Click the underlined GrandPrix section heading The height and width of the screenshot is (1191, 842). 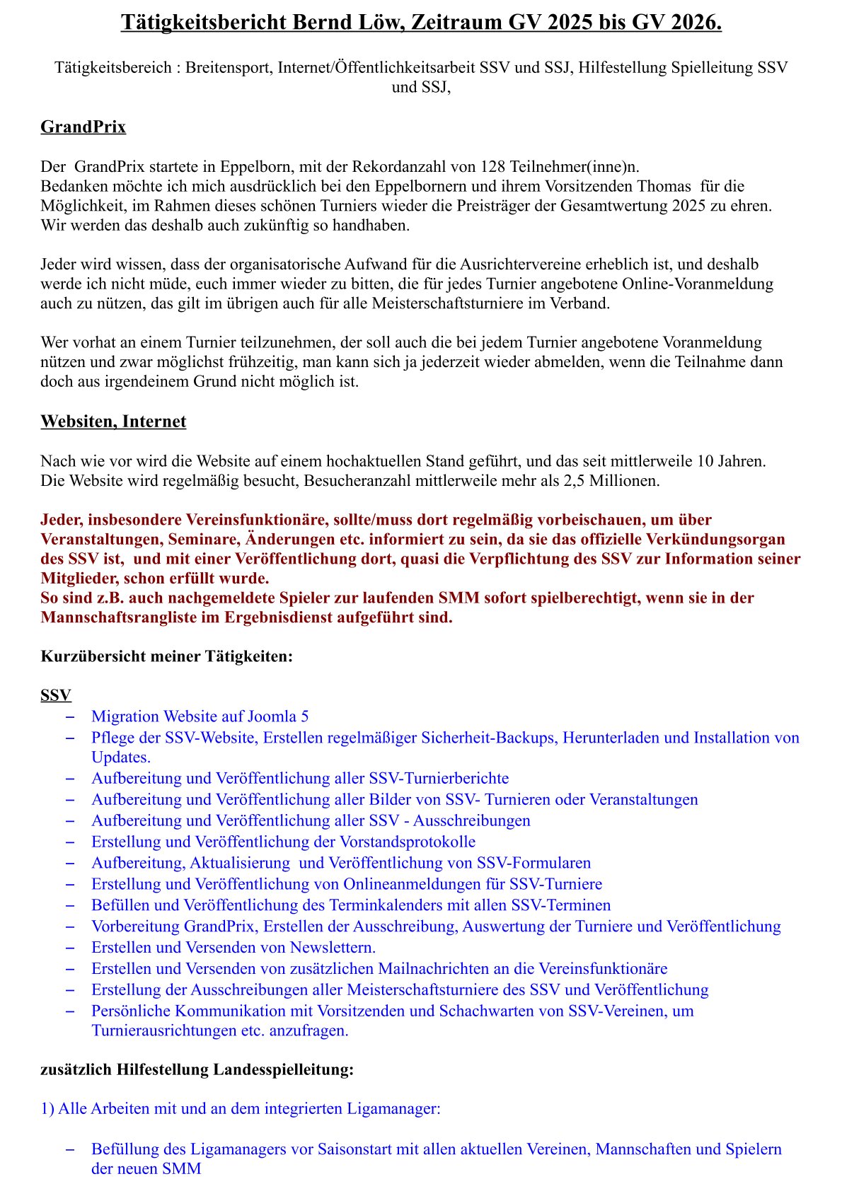click(x=83, y=127)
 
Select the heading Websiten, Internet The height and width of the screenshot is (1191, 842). click(x=113, y=422)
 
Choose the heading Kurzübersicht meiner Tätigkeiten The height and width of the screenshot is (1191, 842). click(x=166, y=656)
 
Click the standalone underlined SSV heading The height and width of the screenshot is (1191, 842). click(x=56, y=695)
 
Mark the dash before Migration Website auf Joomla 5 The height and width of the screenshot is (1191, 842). click(x=70, y=716)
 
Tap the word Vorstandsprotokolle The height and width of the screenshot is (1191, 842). click(x=408, y=842)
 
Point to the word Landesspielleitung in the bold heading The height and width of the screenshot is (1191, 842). click(x=281, y=1069)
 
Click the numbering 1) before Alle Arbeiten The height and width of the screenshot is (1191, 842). click(x=47, y=1108)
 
